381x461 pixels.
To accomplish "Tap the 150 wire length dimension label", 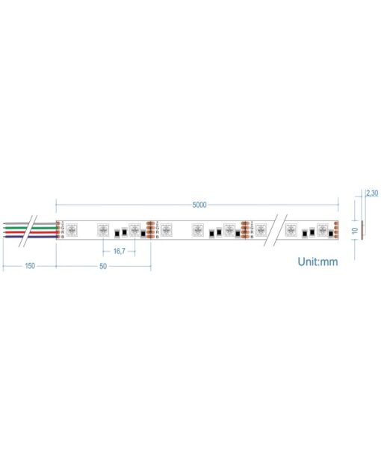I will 29,265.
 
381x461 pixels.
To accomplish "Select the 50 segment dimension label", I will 103,265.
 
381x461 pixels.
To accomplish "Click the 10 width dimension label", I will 355,231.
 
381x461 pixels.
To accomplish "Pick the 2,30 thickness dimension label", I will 371,193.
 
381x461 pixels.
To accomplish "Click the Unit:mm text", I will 317,262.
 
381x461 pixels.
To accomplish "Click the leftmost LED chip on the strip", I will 72,229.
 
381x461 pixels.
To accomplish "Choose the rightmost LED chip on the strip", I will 322,229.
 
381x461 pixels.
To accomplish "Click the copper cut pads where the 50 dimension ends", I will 152,229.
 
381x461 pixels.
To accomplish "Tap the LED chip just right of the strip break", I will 291,229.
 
